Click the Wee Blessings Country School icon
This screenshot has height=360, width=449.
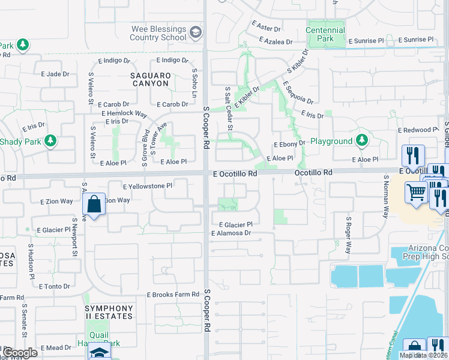point(195,31)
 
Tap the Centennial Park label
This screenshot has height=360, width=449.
point(325,34)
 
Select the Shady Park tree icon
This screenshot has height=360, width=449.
point(50,140)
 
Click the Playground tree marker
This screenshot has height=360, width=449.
point(361,140)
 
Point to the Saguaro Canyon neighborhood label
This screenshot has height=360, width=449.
point(151,79)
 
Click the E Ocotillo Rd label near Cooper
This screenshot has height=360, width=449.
point(235,173)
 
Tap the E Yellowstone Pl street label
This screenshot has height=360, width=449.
point(148,186)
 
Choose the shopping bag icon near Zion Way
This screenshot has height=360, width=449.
point(95,204)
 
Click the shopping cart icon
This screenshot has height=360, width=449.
point(415,193)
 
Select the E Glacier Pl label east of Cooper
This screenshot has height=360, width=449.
point(232,224)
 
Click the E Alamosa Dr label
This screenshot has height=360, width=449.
point(230,232)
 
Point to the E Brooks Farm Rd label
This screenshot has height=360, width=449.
point(173,295)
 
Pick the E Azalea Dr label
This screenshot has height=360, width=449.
point(276,41)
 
